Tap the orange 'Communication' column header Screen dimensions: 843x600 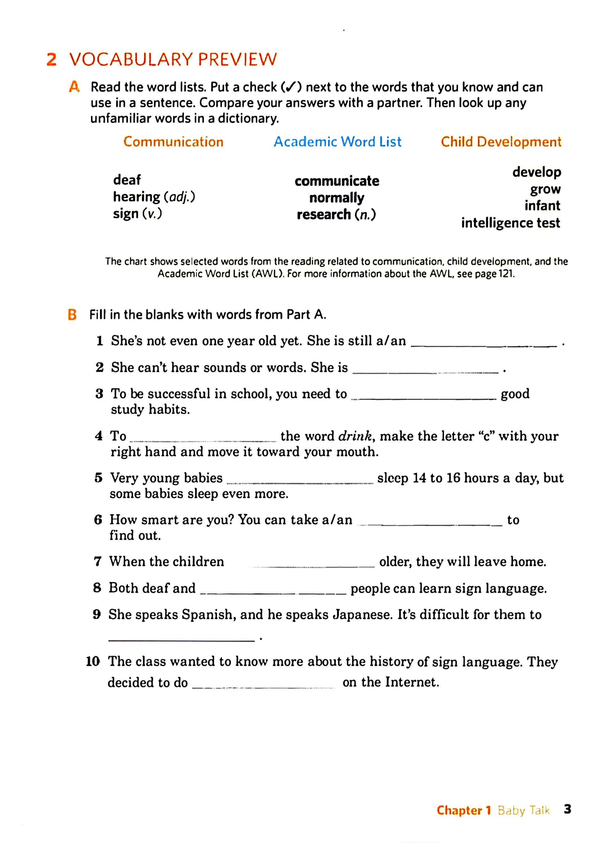point(173,142)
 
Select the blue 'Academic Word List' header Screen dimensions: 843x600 point(337,142)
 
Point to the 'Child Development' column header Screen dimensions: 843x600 point(501,142)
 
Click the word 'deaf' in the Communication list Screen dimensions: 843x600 point(127,180)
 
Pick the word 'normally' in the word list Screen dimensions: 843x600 point(337,198)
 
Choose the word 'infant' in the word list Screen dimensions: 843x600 point(542,205)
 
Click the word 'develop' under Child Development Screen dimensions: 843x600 point(536,172)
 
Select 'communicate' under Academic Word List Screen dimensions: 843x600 point(337,181)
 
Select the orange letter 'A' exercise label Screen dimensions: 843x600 point(74,87)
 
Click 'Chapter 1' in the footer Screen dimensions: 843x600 point(464,810)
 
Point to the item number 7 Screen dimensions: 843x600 point(98,562)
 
